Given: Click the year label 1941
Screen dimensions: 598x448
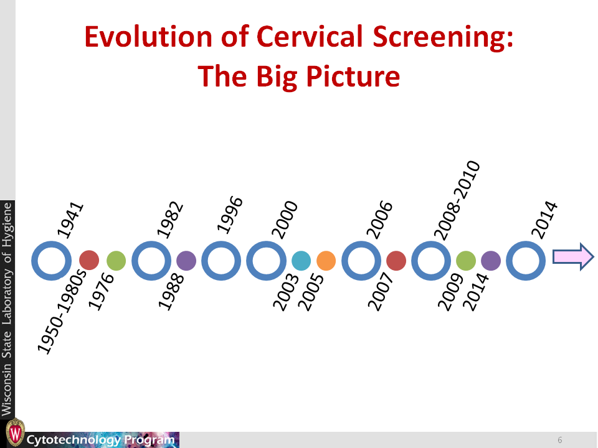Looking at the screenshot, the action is click(x=70, y=220).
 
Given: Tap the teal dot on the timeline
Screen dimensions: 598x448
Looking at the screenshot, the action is click(x=301, y=261).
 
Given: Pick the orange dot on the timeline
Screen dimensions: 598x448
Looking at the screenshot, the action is click(x=326, y=261).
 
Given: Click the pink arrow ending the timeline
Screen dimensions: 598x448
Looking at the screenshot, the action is click(x=573, y=257).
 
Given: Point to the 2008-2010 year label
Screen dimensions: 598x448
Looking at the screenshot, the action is click(x=457, y=201).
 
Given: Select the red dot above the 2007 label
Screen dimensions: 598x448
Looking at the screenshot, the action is click(x=396, y=261).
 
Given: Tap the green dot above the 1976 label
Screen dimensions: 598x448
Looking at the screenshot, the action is click(x=116, y=261).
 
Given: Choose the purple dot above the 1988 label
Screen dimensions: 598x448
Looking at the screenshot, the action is click(x=186, y=261).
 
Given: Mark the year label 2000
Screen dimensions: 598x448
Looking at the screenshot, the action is click(x=285, y=220).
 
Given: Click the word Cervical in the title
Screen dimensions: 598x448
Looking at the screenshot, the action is click(x=310, y=37).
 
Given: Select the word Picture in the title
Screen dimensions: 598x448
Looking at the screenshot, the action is click(x=353, y=76).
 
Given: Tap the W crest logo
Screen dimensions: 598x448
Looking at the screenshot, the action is click(x=15, y=432).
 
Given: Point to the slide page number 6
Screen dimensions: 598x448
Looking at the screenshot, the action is click(x=560, y=440).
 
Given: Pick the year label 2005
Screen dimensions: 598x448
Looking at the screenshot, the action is click(x=310, y=292).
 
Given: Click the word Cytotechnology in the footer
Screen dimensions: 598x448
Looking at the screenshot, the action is click(x=74, y=440).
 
